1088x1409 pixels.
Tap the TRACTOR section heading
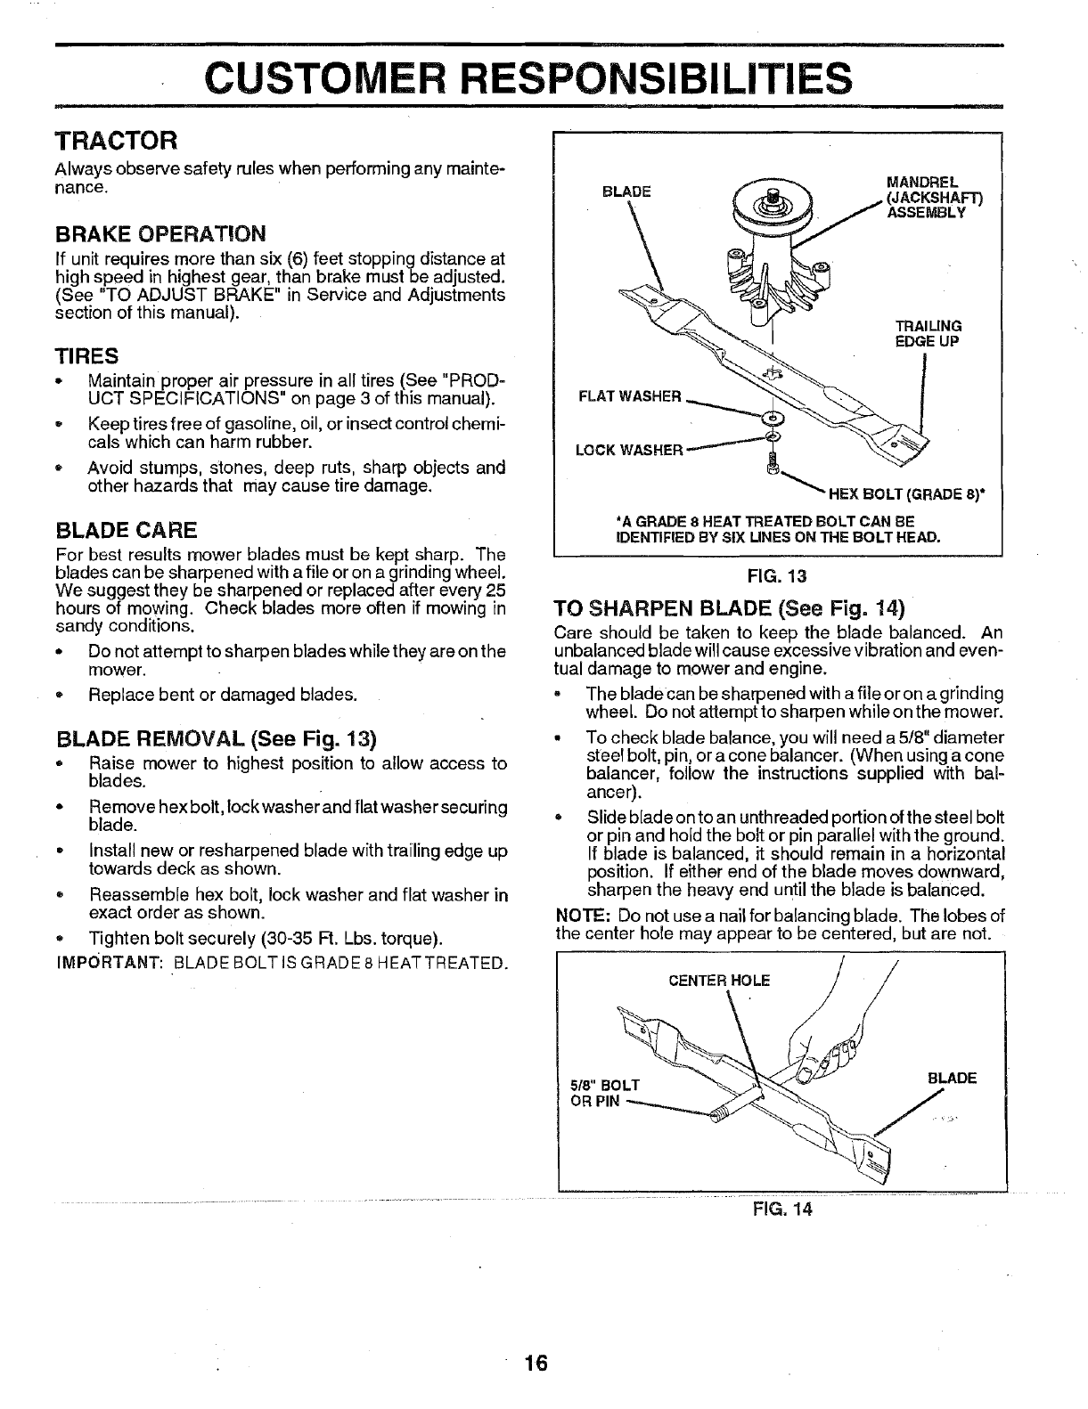pyautogui.click(x=118, y=141)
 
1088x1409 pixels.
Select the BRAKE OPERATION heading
pyautogui.click(x=160, y=233)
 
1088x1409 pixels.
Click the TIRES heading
pyautogui.click(x=86, y=356)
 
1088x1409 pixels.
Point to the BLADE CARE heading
pyautogui.click(x=126, y=531)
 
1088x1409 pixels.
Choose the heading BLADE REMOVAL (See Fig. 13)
pyautogui.click(x=217, y=739)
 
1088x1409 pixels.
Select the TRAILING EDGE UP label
pyautogui.click(x=928, y=333)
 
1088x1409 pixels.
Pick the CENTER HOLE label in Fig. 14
pyautogui.click(x=719, y=981)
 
